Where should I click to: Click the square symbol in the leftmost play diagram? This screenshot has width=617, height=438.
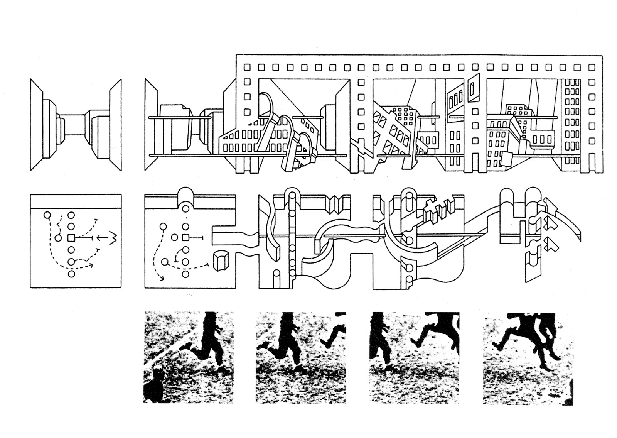tap(71, 238)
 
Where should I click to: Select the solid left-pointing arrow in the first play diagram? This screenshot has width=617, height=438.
tap(101, 238)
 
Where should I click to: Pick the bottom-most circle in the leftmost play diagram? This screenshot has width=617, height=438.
tap(71, 274)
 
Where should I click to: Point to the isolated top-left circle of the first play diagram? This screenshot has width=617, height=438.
tap(47, 215)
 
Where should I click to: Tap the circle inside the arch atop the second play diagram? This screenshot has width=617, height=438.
tap(186, 209)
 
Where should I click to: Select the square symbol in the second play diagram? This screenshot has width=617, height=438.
tap(185, 238)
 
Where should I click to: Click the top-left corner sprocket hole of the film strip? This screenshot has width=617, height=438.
tap(247, 67)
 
